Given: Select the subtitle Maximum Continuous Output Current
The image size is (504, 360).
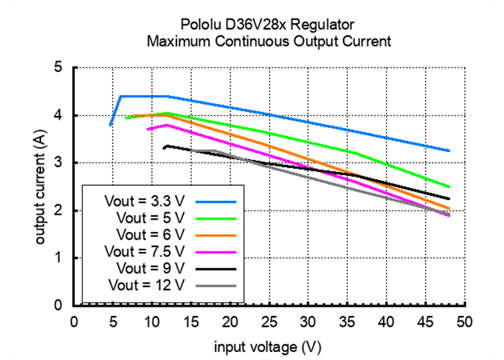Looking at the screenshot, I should click(269, 41).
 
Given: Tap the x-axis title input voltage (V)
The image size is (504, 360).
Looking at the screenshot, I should click(269, 346).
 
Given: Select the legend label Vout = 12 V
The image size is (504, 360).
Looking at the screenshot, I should click(148, 284).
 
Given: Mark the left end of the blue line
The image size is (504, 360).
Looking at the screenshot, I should click(110, 125).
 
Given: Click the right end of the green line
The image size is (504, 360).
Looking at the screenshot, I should click(449, 187).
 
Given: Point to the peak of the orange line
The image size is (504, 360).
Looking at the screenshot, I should click(166, 115).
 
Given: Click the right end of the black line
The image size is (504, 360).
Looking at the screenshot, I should click(449, 199).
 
